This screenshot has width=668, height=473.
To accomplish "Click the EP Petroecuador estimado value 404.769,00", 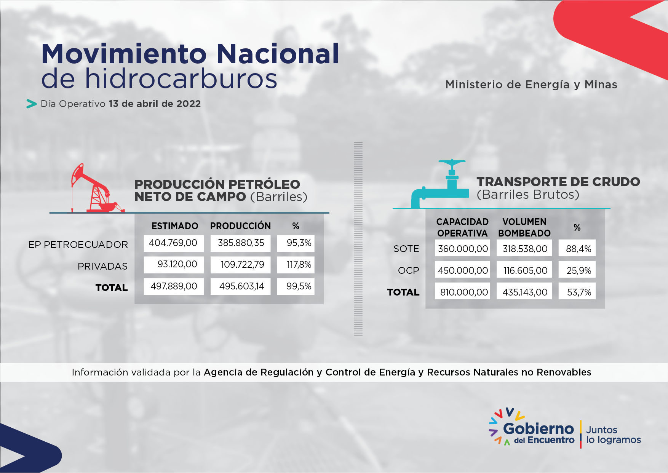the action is point(174,243).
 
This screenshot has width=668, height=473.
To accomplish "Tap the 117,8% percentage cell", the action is point(296,265).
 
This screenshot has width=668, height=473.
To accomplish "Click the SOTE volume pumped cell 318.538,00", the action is point(524,249).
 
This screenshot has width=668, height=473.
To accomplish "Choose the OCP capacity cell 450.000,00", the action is point(462,270).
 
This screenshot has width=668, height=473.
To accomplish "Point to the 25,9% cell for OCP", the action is point(577,270).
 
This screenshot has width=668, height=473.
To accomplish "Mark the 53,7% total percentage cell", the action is point(577,292).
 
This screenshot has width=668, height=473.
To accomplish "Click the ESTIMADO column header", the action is point(175,226).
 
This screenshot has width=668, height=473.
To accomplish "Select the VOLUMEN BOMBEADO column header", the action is point(524,227).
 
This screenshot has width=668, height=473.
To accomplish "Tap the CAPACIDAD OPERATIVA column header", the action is point(462,227).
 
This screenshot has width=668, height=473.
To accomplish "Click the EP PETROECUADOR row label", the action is point(78,244).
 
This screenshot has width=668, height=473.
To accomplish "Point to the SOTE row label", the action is point(406,249).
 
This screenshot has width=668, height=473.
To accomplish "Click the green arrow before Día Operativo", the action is point(31,104).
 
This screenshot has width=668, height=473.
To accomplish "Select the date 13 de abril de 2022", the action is point(155,104).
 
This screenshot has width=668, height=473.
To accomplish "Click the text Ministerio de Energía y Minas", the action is point(531,85).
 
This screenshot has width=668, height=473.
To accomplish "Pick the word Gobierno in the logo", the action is point(538,429).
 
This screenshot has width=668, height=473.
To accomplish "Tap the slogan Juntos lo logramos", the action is point(614,435).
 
